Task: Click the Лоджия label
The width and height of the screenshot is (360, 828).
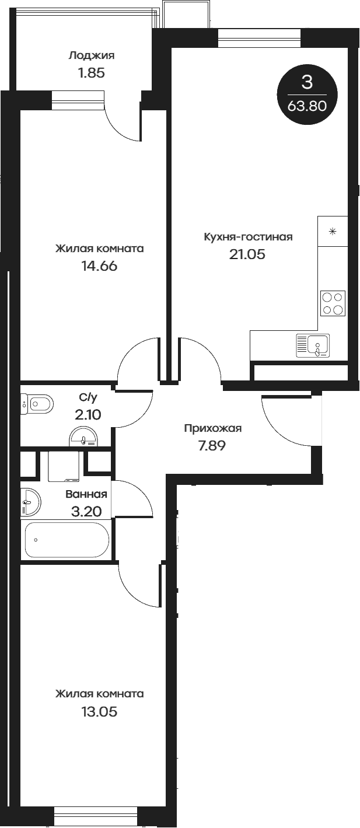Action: (91, 56)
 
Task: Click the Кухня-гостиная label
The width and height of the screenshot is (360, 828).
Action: (248, 237)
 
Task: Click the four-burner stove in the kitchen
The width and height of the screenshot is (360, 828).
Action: (333, 303)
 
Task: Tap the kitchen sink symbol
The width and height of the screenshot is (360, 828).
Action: (313, 345)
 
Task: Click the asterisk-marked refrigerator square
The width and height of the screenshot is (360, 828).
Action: (333, 231)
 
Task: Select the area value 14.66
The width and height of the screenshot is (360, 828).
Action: (99, 266)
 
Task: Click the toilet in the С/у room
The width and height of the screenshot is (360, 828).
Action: (37, 403)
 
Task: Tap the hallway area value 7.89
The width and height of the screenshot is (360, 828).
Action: (212, 446)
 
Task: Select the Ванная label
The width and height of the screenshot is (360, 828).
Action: (86, 494)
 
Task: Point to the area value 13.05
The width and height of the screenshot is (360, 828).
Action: (99, 712)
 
